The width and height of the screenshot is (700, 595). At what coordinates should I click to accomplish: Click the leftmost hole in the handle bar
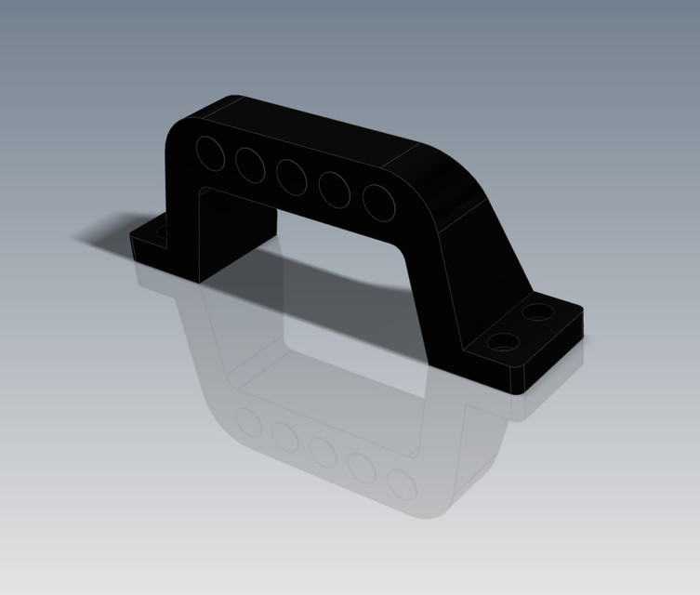(x=210, y=152)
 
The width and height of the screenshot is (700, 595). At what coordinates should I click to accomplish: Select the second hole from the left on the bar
(x=249, y=165)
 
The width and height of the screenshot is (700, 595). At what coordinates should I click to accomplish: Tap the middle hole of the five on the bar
(x=291, y=177)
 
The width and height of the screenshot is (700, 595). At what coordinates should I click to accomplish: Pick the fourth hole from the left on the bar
(x=335, y=190)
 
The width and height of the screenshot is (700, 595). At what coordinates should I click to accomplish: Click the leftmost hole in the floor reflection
(x=249, y=423)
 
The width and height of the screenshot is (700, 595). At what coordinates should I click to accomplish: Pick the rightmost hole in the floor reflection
(x=402, y=484)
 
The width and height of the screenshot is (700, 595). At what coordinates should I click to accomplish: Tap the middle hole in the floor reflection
(x=324, y=452)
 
